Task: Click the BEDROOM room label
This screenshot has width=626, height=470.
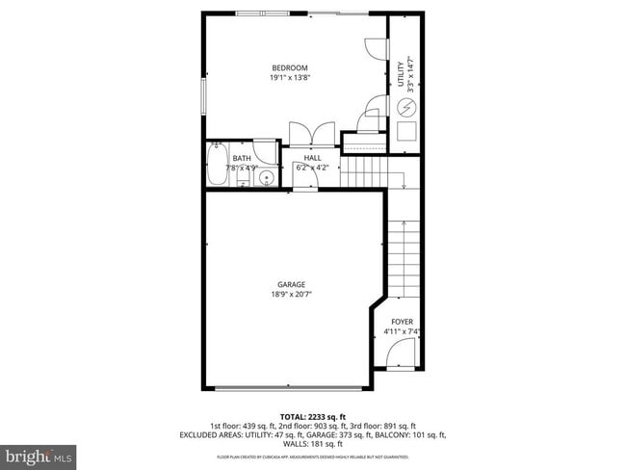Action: [290, 67]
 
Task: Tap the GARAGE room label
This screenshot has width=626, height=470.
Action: [292, 284]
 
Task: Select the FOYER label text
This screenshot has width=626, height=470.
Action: [402, 322]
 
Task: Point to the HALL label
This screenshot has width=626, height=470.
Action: [313, 158]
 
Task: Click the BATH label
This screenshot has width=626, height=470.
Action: [241, 158]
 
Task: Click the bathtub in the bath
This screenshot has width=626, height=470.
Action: [216, 165]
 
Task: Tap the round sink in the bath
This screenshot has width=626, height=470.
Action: [268, 177]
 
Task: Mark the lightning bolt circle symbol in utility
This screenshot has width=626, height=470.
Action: [405, 107]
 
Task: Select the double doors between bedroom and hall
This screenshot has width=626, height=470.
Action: [312, 133]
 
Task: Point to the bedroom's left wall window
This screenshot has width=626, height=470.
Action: [203, 96]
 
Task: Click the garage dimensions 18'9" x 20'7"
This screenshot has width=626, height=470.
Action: [292, 295]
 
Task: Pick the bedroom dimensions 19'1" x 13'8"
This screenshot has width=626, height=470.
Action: [290, 78]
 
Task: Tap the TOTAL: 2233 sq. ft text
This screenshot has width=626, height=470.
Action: [312, 415]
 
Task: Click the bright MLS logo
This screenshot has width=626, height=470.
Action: [39, 455]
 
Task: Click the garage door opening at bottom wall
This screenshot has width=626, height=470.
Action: [288, 388]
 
